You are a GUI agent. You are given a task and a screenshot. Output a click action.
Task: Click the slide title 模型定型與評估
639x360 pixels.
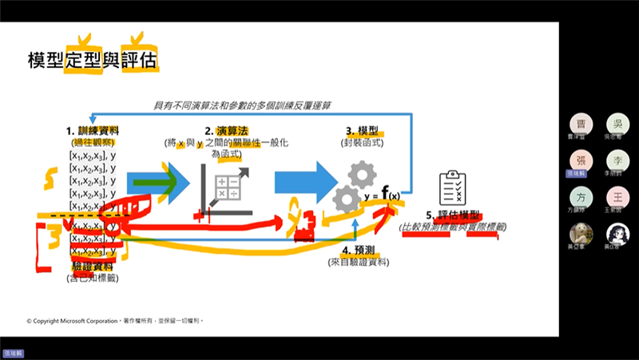(x=92, y=61)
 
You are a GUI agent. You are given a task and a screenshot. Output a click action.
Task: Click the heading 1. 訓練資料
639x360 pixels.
(x=93, y=129)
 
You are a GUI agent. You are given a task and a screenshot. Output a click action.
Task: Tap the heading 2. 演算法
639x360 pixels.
(x=227, y=129)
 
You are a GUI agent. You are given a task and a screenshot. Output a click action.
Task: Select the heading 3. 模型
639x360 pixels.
(x=362, y=129)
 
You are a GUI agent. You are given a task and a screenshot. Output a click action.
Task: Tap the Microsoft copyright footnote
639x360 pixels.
(x=116, y=320)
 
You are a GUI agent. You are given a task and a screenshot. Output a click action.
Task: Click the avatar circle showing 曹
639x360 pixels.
(x=581, y=124)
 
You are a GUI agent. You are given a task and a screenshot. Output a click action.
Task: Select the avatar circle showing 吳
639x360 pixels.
(x=617, y=124)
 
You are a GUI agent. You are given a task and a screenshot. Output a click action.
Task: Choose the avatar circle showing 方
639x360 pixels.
(x=581, y=196)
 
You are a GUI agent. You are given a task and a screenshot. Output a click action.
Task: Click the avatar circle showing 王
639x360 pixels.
(x=617, y=196)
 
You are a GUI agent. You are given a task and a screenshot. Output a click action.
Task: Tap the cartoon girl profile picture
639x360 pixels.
(x=617, y=233)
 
